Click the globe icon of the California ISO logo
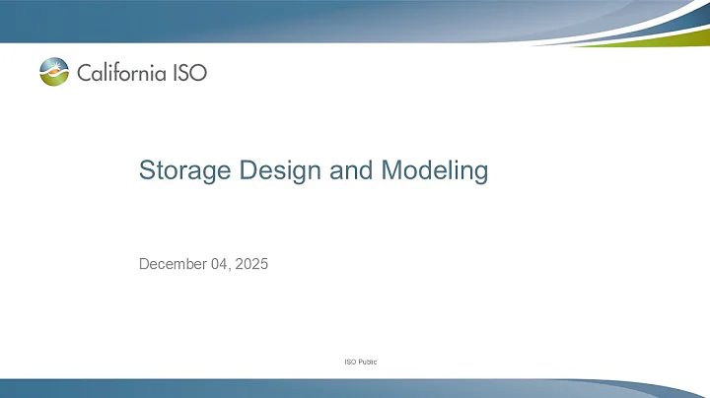54,72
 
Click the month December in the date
174,264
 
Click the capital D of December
144,263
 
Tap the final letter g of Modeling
480,173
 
